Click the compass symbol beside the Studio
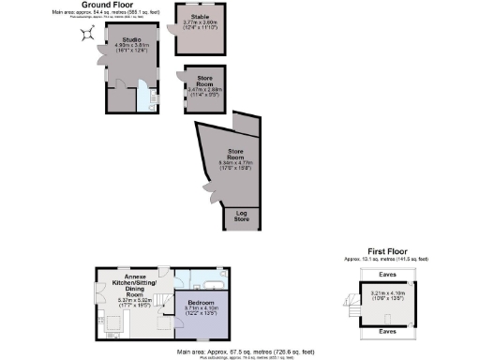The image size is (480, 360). pos(87,34)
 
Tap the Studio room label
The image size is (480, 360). pos(130,38)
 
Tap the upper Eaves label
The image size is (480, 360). pos(386,274)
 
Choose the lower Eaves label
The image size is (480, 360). pos(386,331)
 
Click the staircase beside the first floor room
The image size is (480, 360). pos(353,305)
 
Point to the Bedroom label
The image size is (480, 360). pos(202,303)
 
